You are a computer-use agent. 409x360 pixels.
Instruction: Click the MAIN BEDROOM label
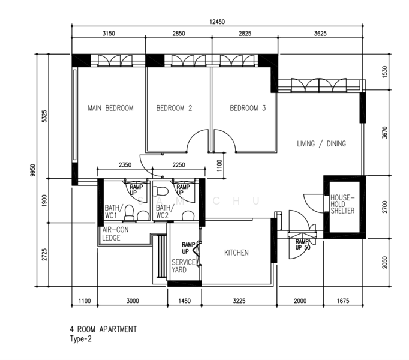pos(110,108)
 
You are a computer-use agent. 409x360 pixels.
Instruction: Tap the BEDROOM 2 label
pos(174,108)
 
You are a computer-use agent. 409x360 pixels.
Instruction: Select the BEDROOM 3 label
pos(248,108)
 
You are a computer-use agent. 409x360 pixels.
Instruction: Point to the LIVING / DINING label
pos(321,143)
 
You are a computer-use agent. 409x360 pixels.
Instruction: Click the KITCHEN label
pos(236,253)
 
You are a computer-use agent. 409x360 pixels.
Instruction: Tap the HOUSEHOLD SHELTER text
pos(342,204)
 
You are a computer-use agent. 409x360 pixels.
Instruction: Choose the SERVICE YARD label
pos(184,266)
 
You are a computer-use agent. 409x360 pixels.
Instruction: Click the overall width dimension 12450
pos(217,22)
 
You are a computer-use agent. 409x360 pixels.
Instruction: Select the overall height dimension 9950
pos(32,170)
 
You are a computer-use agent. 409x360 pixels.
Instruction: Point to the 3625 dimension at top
pos(320,34)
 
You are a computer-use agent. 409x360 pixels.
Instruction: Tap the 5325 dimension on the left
pos(44,116)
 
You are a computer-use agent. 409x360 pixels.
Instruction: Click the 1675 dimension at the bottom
pos(343,301)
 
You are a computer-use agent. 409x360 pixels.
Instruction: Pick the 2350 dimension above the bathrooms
pos(125,165)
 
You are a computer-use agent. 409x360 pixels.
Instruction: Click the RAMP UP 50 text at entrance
pos(303,245)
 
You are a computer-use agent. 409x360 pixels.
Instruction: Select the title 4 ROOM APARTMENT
pos(103,329)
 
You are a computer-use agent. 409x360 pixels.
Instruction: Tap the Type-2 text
pos(81,339)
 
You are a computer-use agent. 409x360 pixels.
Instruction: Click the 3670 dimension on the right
pos(384,133)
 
